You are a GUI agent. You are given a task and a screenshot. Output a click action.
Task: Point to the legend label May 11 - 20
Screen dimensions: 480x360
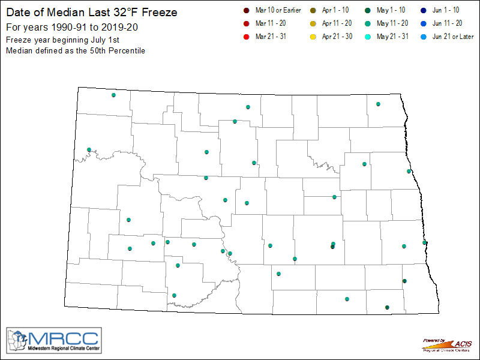(x=393, y=24)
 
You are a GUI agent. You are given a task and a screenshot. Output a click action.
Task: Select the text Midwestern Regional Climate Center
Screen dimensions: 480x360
(x=64, y=349)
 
